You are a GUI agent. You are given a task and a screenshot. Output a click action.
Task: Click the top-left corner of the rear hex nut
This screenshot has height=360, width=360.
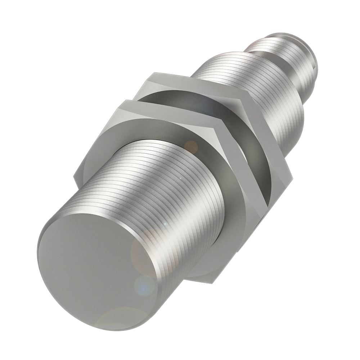click(153, 73)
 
